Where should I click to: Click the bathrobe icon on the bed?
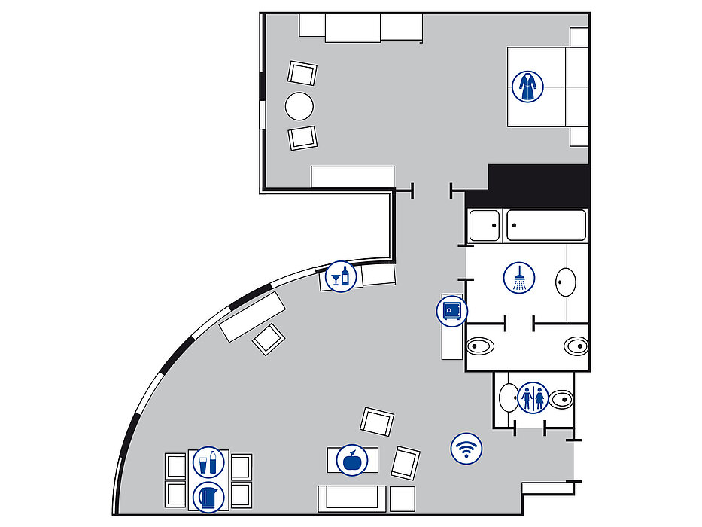point(527,87)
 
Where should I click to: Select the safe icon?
point(452,310)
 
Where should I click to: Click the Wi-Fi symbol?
point(466,449)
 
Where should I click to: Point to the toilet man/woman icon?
point(533,398)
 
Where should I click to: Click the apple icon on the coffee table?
point(350,459)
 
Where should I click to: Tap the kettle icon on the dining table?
point(208,497)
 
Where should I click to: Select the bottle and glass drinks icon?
point(208,462)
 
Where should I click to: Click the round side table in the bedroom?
point(299,106)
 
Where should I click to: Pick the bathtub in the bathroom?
point(546,225)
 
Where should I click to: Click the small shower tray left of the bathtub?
point(485,225)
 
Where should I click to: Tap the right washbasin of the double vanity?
point(576,346)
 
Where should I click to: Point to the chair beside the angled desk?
point(267,339)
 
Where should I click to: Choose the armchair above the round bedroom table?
point(302,73)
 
